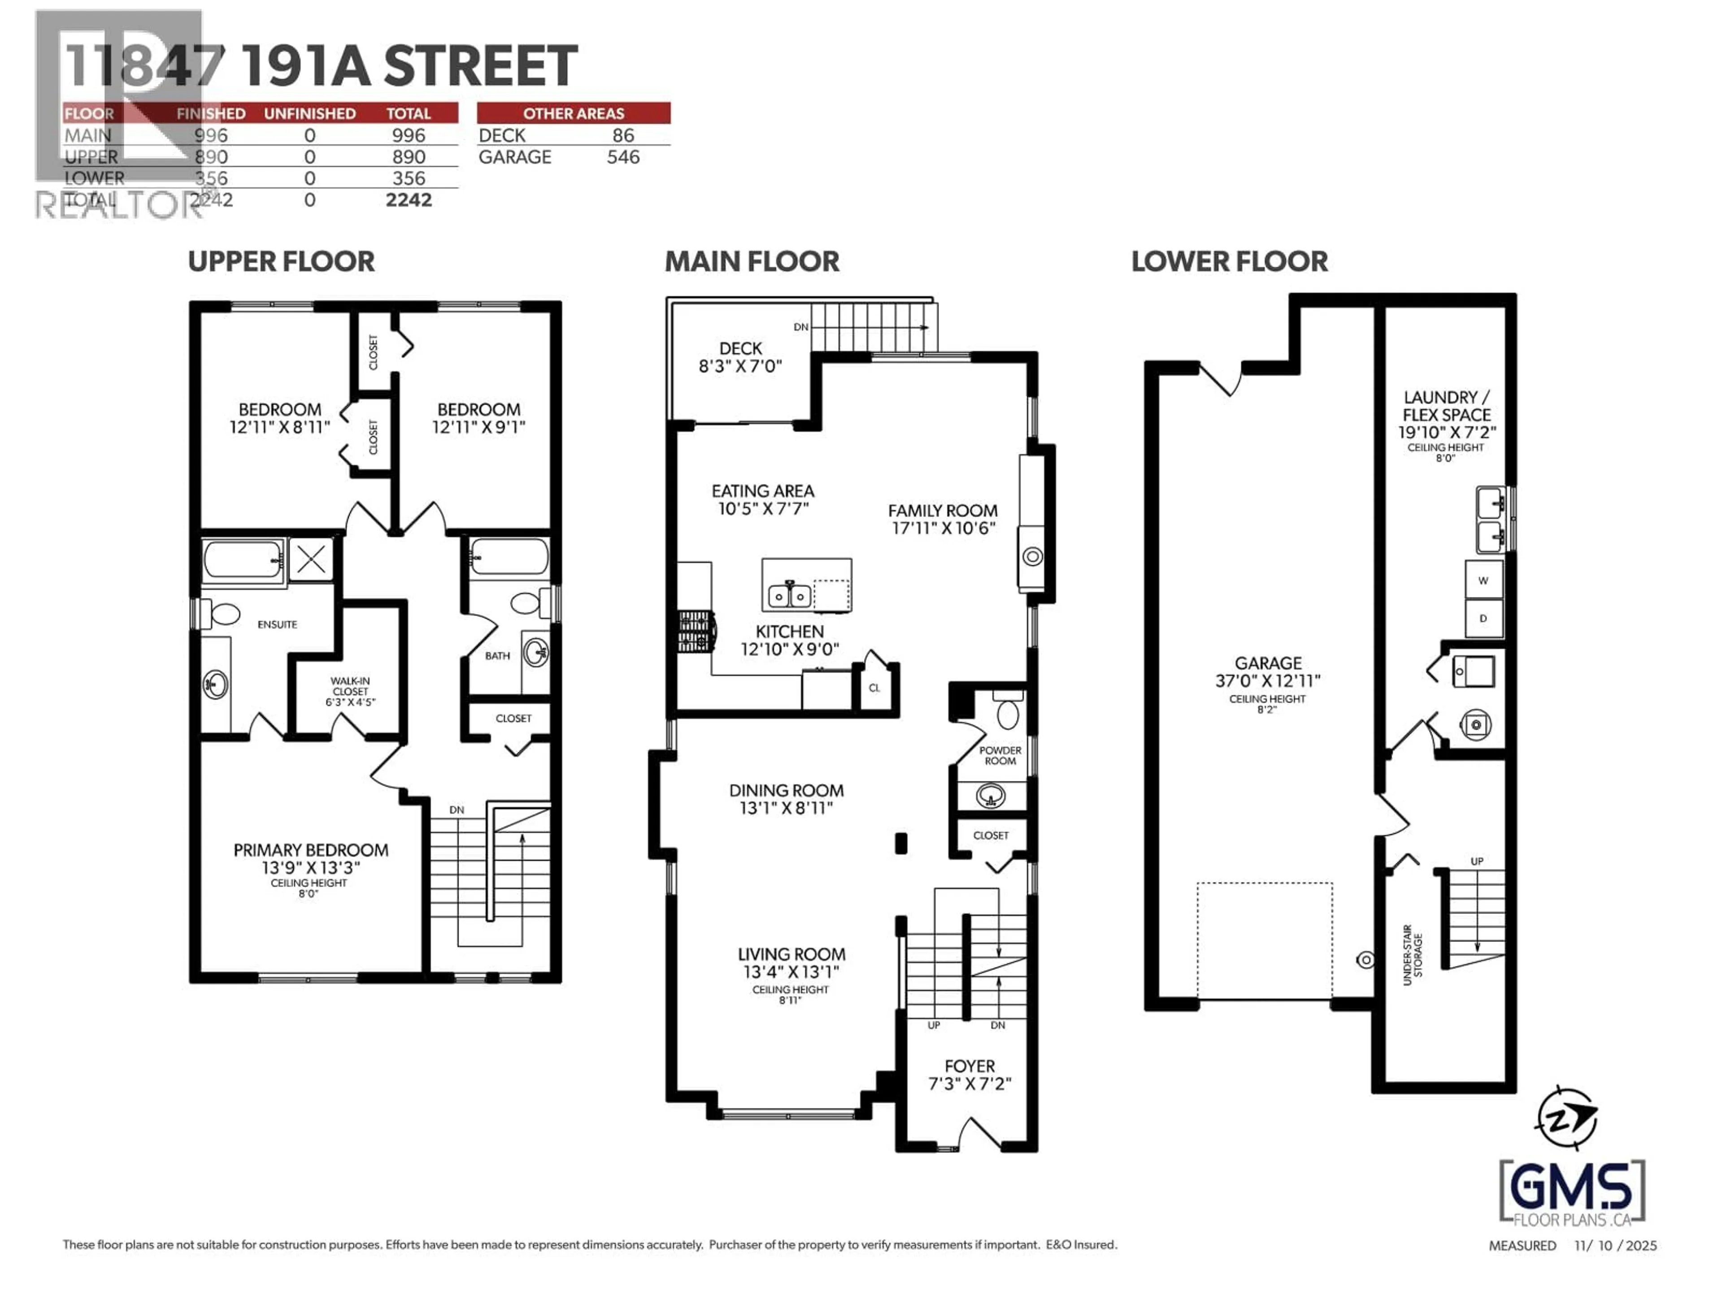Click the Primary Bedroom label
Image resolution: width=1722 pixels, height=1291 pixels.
(x=311, y=850)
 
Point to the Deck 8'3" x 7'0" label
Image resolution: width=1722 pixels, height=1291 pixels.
(x=739, y=357)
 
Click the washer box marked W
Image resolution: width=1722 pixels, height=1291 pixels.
(x=1483, y=581)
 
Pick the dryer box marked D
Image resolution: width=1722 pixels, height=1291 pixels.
(x=1483, y=619)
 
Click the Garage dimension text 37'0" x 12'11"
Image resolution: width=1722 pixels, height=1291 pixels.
(x=1268, y=681)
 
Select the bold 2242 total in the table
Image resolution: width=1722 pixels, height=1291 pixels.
(x=409, y=200)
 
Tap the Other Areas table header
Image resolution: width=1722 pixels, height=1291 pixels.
(x=573, y=113)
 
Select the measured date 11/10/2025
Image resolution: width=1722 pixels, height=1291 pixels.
(x=1615, y=1245)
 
